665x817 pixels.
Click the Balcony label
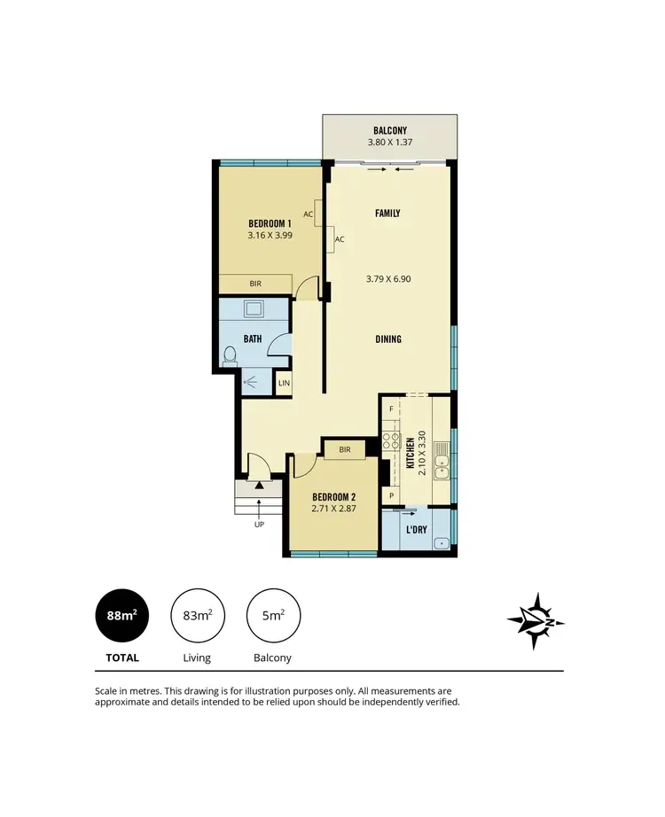tap(390, 129)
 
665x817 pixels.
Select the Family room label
tap(387, 214)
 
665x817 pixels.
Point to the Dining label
tap(387, 338)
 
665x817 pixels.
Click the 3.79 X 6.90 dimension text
tap(387, 278)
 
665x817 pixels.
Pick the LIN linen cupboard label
tap(284, 384)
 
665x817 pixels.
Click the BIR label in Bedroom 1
tap(255, 284)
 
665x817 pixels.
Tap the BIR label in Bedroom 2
tap(345, 450)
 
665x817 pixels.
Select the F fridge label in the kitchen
tap(390, 408)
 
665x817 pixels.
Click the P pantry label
tap(390, 496)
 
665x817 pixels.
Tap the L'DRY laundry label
tap(416, 529)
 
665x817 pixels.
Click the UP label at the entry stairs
tap(259, 525)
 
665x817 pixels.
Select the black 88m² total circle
tap(122, 616)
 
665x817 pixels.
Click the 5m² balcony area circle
tap(274, 616)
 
